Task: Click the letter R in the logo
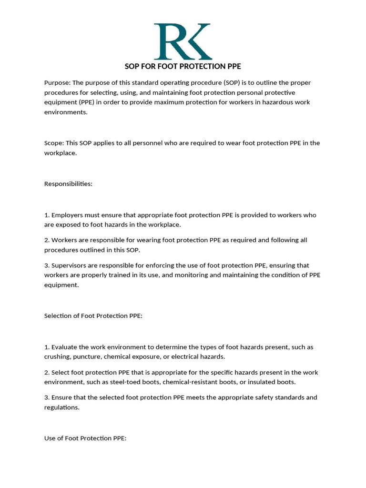click(168, 41)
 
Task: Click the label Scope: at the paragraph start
click(54, 143)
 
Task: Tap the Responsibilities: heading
click(68, 183)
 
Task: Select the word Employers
click(67, 215)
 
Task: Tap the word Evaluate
click(65, 347)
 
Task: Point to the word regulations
click(61, 407)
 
